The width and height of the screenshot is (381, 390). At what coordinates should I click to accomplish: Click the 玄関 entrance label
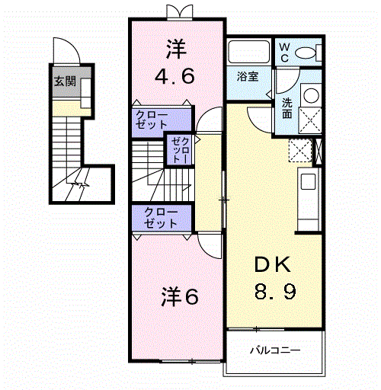(66, 82)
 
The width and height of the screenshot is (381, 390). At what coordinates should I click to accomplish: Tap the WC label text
(284, 53)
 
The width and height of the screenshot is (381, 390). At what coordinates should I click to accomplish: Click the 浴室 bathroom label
(248, 76)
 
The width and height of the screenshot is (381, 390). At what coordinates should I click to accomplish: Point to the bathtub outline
(248, 52)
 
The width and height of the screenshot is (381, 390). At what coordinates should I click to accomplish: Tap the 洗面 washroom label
(287, 109)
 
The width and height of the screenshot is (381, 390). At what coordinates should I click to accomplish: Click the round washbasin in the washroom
(311, 95)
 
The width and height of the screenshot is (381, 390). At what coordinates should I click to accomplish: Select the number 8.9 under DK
(275, 291)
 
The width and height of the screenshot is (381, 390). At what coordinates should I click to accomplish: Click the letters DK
(273, 264)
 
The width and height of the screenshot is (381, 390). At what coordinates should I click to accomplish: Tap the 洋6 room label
(180, 297)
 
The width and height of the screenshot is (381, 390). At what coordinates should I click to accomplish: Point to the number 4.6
(174, 75)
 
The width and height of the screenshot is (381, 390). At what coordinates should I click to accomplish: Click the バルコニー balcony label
(275, 350)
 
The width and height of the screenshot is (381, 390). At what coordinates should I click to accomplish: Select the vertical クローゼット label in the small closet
(180, 150)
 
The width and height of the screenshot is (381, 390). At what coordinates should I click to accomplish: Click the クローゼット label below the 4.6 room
(152, 120)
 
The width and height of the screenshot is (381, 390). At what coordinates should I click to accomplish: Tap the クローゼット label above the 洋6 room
(161, 218)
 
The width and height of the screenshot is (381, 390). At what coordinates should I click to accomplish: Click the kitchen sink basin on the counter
(308, 181)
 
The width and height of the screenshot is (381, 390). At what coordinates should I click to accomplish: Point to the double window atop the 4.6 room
(179, 12)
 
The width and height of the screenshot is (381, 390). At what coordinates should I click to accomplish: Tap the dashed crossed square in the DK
(300, 150)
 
